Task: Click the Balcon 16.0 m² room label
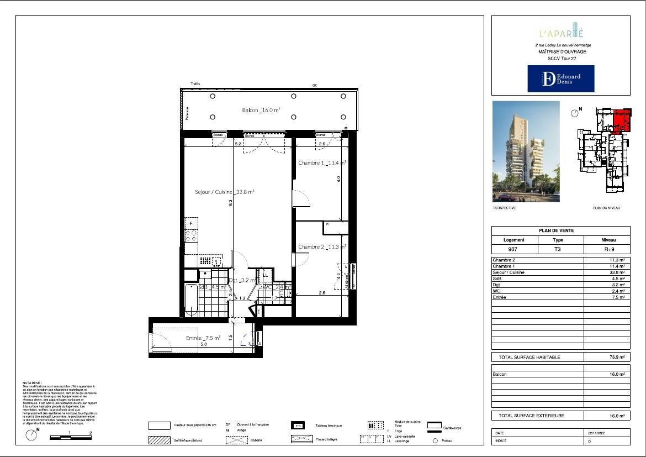pyautogui.click(x=261, y=110)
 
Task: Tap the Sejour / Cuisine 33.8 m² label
pyautogui.click(x=224, y=192)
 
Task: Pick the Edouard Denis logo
pyautogui.click(x=560, y=78)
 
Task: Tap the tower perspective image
pyautogui.click(x=526, y=151)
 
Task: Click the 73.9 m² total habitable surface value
pyautogui.click(x=616, y=358)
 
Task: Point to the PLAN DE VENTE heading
pyautogui.click(x=560, y=231)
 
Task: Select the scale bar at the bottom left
pyautogui.click(x=70, y=437)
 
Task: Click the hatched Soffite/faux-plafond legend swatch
pyautogui.click(x=159, y=440)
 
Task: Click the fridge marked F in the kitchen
pyautogui.click(x=191, y=223)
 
